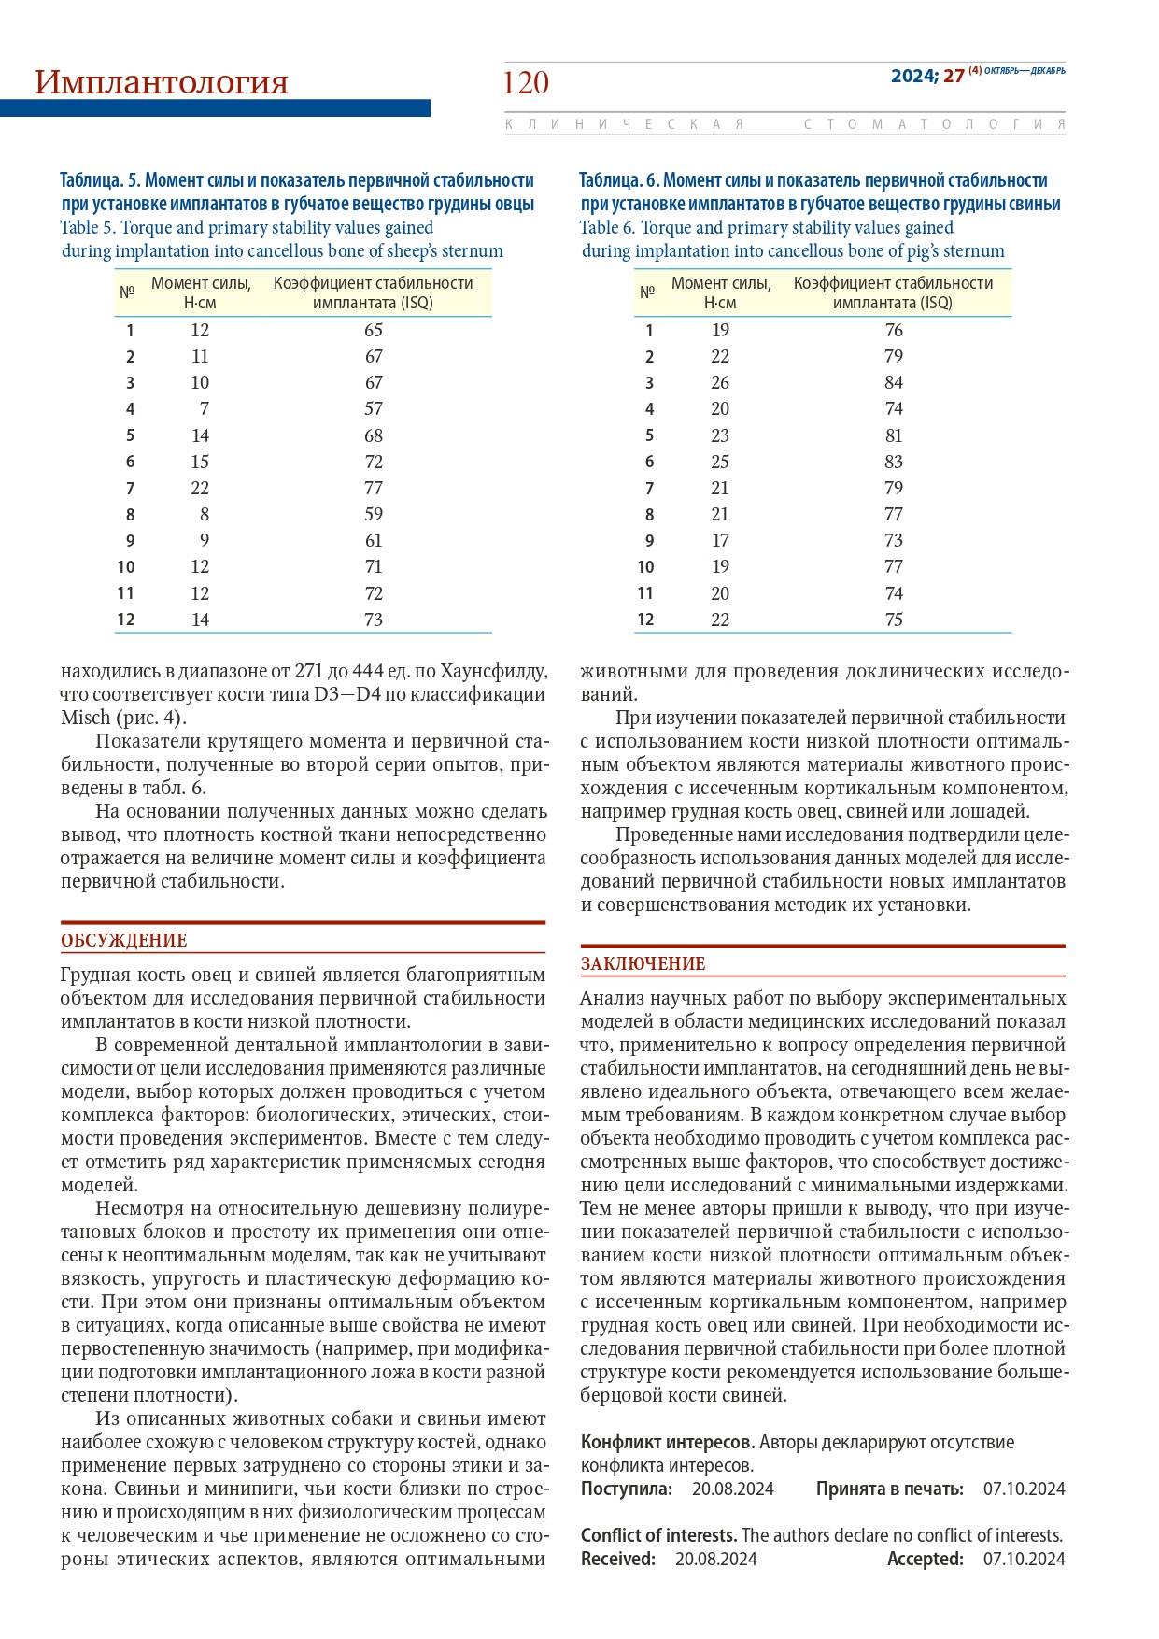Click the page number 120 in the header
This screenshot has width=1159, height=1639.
click(526, 83)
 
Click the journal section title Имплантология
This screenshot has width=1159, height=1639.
click(162, 82)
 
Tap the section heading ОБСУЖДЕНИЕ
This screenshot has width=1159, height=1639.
click(124, 941)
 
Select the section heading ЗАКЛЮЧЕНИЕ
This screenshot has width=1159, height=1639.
click(643, 964)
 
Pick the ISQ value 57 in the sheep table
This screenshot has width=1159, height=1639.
click(374, 409)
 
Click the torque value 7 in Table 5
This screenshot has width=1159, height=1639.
click(203, 409)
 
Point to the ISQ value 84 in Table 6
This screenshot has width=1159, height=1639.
click(894, 382)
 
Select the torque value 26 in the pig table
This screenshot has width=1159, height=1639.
click(720, 382)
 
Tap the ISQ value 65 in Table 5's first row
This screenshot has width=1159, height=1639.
click(374, 330)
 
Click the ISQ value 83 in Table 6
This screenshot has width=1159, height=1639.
click(894, 462)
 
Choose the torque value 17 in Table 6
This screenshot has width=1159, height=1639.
click(720, 540)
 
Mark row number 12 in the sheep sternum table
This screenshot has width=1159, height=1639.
click(125, 620)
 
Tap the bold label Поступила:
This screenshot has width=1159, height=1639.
click(626, 1489)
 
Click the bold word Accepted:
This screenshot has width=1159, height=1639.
click(925, 1559)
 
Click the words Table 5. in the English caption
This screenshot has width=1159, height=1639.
click(88, 228)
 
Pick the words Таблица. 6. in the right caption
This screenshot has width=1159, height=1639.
click(619, 180)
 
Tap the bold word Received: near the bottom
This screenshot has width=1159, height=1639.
click(618, 1559)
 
